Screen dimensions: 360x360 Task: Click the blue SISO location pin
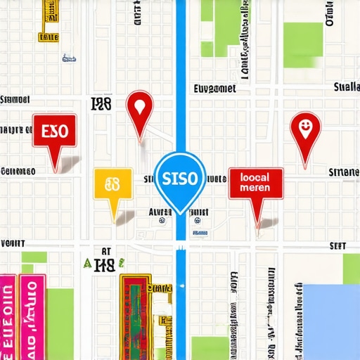pyautogui.click(x=179, y=178)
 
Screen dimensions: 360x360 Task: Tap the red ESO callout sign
pyautogui.click(x=54, y=133)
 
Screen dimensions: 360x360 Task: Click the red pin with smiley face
pyautogui.click(x=305, y=129)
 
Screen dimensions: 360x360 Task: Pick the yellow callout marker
pyautogui.click(x=112, y=186)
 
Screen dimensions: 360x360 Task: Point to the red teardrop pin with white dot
pyautogui.click(x=139, y=108)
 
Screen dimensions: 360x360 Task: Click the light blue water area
pyautogui.click(x=330, y=320)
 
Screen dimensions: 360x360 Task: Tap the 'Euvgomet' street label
pyautogui.click(x=215, y=89)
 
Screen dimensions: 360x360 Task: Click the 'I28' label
pyautogui.click(x=102, y=105)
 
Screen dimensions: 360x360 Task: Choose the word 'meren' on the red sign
pyautogui.click(x=255, y=189)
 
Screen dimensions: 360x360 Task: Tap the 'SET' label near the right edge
pyautogui.click(x=338, y=246)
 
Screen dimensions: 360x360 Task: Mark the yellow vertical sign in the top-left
pyautogui.click(x=50, y=18)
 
